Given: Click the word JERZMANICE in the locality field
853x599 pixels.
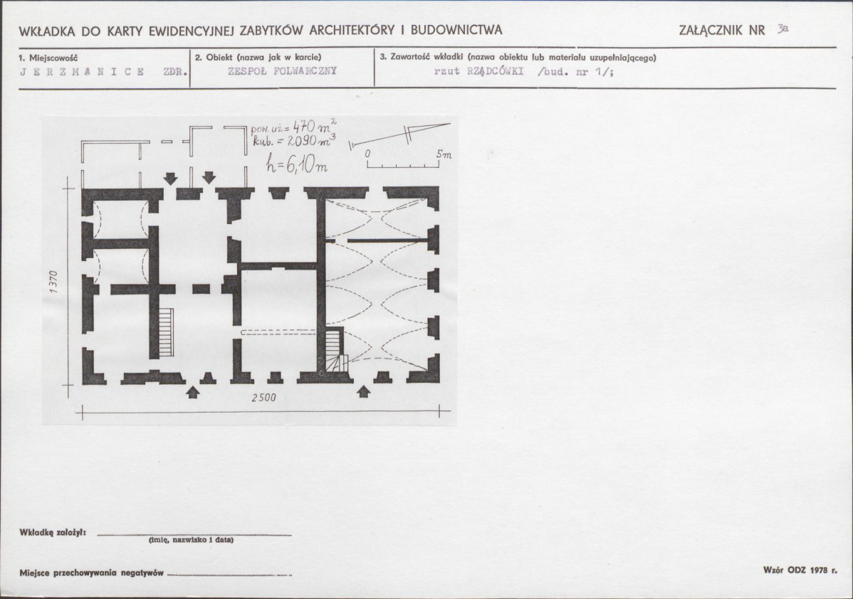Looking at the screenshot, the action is click(82, 72).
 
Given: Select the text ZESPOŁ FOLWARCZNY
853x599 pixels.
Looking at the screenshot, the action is click(283, 71).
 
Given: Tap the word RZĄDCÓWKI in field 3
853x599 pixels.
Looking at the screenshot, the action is click(495, 71).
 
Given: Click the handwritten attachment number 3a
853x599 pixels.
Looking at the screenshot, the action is click(783, 28).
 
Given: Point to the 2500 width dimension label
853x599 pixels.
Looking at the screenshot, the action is click(264, 398).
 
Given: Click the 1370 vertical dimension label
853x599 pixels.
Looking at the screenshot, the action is click(53, 282).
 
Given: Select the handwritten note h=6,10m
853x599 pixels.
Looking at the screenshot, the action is click(296, 162).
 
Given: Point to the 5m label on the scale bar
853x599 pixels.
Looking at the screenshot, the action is click(444, 154).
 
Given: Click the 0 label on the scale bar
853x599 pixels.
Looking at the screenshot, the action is click(367, 154).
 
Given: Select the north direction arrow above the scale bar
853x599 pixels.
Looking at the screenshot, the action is click(400, 134).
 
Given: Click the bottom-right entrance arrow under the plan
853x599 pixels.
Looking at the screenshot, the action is click(364, 391).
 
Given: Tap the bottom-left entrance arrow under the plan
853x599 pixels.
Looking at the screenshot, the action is click(192, 392).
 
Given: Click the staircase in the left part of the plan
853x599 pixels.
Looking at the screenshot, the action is click(167, 332).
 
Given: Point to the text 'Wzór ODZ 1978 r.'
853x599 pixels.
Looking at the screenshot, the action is click(800, 571).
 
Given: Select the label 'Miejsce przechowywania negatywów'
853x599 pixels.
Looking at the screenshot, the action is click(91, 573).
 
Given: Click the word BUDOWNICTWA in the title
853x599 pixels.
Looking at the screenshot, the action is click(456, 30).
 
